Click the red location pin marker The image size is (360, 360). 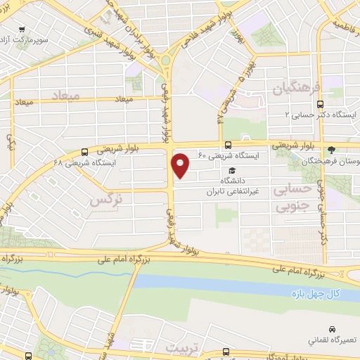181,166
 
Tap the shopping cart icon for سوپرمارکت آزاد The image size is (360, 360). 22,30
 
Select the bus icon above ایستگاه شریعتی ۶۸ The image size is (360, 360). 84,151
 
